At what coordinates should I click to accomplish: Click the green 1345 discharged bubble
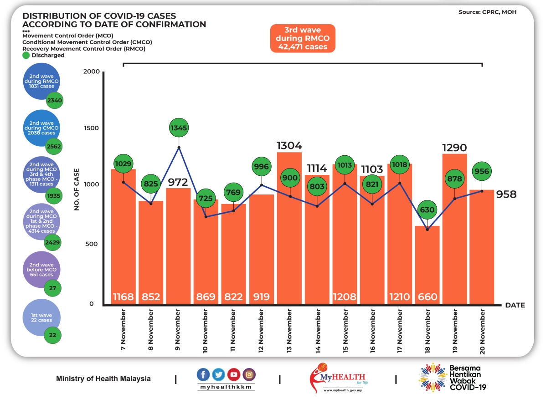179,128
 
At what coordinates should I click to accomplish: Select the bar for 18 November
428,264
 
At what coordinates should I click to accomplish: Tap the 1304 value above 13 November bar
289,146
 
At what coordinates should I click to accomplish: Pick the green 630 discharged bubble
428,210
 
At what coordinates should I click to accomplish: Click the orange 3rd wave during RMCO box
303,38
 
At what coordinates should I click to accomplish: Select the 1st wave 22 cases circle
41,318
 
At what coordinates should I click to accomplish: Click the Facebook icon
204,375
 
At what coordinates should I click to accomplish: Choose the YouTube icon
234,375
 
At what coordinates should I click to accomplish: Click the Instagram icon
249,375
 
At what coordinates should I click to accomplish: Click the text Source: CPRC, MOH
487,12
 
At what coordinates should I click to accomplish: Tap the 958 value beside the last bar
506,194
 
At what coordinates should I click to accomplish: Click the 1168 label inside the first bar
124,297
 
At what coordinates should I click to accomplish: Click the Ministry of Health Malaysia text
103,379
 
